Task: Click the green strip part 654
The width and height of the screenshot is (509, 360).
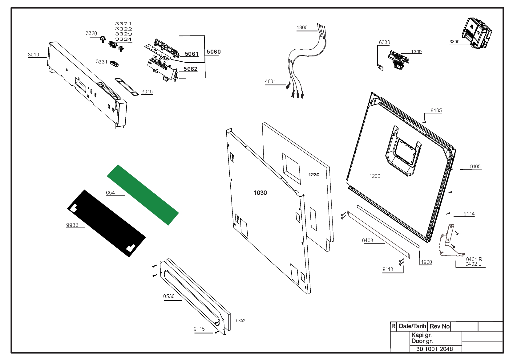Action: (143, 194)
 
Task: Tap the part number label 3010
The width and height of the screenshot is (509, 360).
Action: (34, 55)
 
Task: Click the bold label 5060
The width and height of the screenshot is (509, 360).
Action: (213, 52)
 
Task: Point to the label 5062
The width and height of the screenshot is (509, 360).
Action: (190, 69)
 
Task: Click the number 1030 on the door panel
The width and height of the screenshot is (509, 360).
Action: (260, 193)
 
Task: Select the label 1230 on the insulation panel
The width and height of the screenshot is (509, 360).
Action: (314, 175)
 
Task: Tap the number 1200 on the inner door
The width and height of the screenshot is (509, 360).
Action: (375, 176)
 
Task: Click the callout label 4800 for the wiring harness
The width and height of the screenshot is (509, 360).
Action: (302, 28)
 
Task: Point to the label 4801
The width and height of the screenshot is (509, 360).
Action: (270, 82)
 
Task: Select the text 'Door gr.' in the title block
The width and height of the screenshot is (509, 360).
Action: (422, 341)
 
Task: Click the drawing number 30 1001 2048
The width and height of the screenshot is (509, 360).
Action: (434, 349)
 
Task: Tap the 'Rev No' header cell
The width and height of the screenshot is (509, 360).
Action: (439, 326)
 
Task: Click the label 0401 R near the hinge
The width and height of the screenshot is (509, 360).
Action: (474, 259)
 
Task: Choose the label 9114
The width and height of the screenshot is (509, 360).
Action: (469, 214)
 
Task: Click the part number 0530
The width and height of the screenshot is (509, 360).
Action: (169, 297)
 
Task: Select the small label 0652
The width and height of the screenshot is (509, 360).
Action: (241, 321)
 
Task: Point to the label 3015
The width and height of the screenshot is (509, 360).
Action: (147, 92)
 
